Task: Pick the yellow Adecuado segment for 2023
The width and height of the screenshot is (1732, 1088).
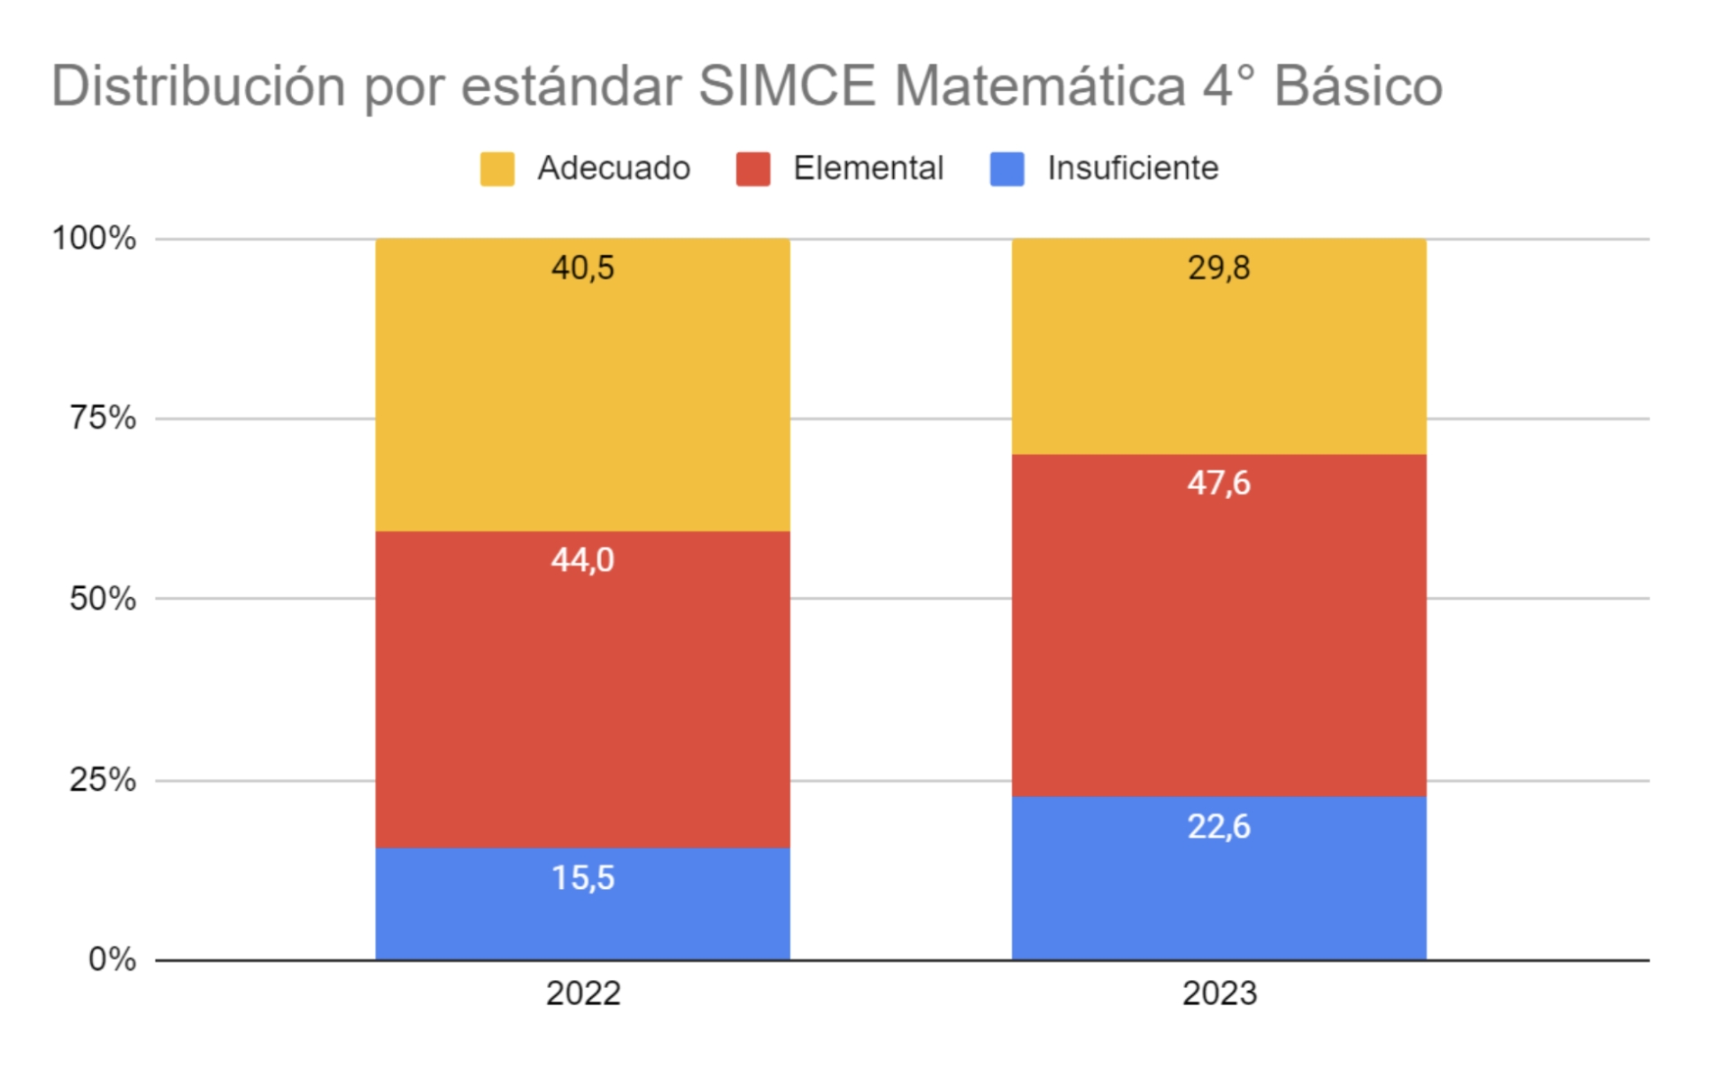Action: point(1218,360)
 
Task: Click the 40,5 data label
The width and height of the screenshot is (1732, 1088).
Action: point(582,267)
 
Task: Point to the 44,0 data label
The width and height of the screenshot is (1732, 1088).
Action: point(582,560)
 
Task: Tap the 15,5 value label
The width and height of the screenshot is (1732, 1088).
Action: point(582,877)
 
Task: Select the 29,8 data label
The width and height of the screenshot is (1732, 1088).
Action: point(1218,267)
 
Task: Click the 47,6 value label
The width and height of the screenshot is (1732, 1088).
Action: point(1218,484)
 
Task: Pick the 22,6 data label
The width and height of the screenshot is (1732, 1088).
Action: point(1218,826)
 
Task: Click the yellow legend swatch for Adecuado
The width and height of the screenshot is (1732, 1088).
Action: point(497,168)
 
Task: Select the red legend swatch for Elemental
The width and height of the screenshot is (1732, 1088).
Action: point(752,168)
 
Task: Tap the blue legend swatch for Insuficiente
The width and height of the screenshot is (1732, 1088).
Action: point(1007,168)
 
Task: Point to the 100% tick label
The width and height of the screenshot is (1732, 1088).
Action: point(94,239)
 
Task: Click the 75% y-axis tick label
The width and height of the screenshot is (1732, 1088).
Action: point(103,418)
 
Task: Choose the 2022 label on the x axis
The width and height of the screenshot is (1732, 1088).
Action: point(583,993)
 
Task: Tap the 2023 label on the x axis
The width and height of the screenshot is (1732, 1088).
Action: point(1218,993)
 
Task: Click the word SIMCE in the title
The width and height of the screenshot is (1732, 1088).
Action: point(786,86)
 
